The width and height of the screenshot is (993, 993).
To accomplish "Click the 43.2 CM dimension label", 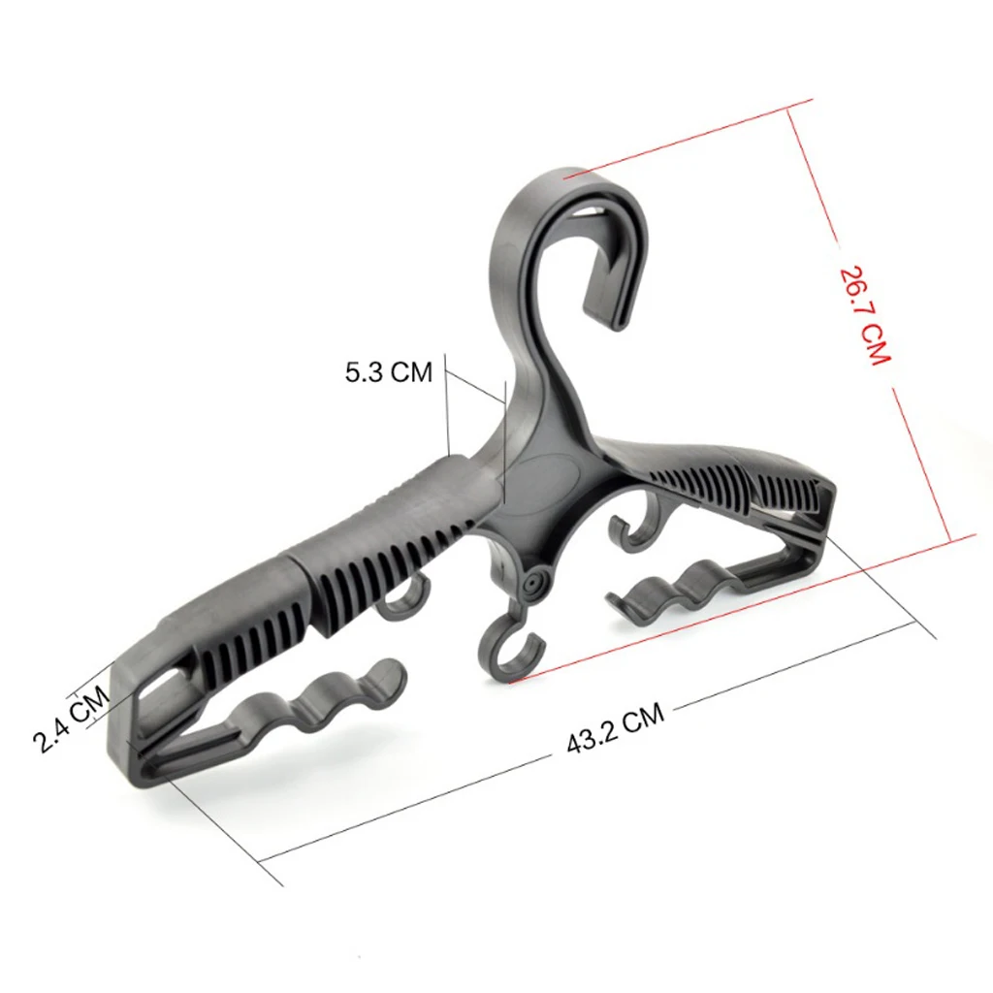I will pos(616,731).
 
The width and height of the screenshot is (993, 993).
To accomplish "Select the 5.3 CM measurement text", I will pos(389,371).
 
